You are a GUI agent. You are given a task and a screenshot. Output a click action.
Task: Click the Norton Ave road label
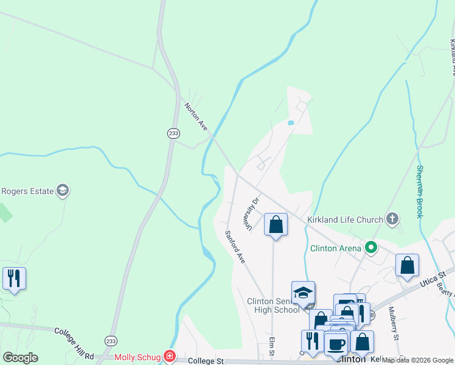click(x=196, y=116)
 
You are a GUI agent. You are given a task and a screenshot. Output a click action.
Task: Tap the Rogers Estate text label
click(x=27, y=191)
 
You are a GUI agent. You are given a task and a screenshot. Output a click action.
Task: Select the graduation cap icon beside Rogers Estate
click(x=62, y=191)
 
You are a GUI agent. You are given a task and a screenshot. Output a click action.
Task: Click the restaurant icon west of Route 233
click(x=13, y=279)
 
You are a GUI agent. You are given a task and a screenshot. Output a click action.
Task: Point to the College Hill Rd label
click(x=74, y=335)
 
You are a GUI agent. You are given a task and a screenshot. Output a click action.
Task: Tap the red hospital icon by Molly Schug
click(x=170, y=356)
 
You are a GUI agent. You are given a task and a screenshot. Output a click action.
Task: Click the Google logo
click(x=20, y=358)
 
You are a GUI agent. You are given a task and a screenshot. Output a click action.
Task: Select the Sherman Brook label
click(x=420, y=192)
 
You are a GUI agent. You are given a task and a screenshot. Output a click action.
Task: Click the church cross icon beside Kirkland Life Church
click(x=392, y=219)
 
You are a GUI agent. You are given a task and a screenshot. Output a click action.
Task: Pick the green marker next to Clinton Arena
click(x=370, y=248)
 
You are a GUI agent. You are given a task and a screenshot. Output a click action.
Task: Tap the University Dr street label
click(x=252, y=214)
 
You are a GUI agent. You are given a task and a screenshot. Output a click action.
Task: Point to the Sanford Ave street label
click(x=235, y=246)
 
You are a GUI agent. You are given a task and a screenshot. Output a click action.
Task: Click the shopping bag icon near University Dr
click(x=276, y=224)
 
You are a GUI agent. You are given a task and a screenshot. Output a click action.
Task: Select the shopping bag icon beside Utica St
click(x=407, y=265)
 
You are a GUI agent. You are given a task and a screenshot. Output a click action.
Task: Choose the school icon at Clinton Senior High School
click(x=303, y=293)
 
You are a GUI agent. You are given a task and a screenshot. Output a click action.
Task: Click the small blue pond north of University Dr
click(x=291, y=123)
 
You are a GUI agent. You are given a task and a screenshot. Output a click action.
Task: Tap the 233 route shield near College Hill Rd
click(x=110, y=341)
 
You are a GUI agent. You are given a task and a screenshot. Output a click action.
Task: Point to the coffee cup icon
click(x=336, y=344)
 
